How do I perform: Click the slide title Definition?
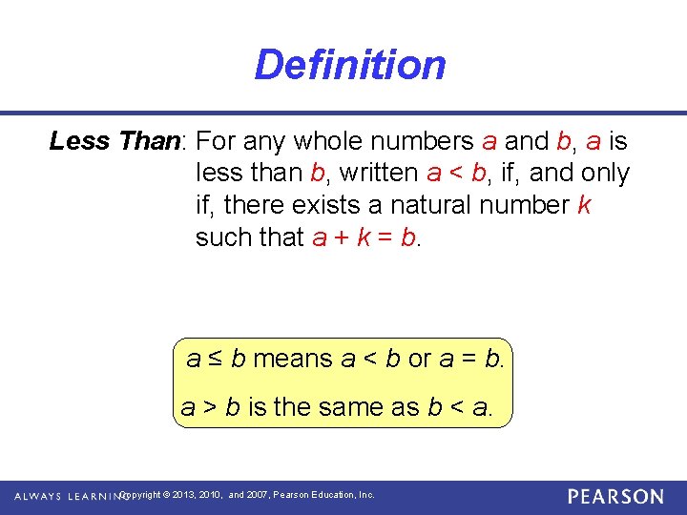pos(349,65)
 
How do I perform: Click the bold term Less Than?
pos(114,141)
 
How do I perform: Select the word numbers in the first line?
pos(427,141)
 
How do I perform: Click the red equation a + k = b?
pos(364,237)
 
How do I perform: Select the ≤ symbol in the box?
pos(216,360)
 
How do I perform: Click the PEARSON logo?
pos(614,496)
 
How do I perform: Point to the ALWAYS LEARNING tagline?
pos(71,496)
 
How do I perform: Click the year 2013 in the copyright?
pos(186,495)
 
